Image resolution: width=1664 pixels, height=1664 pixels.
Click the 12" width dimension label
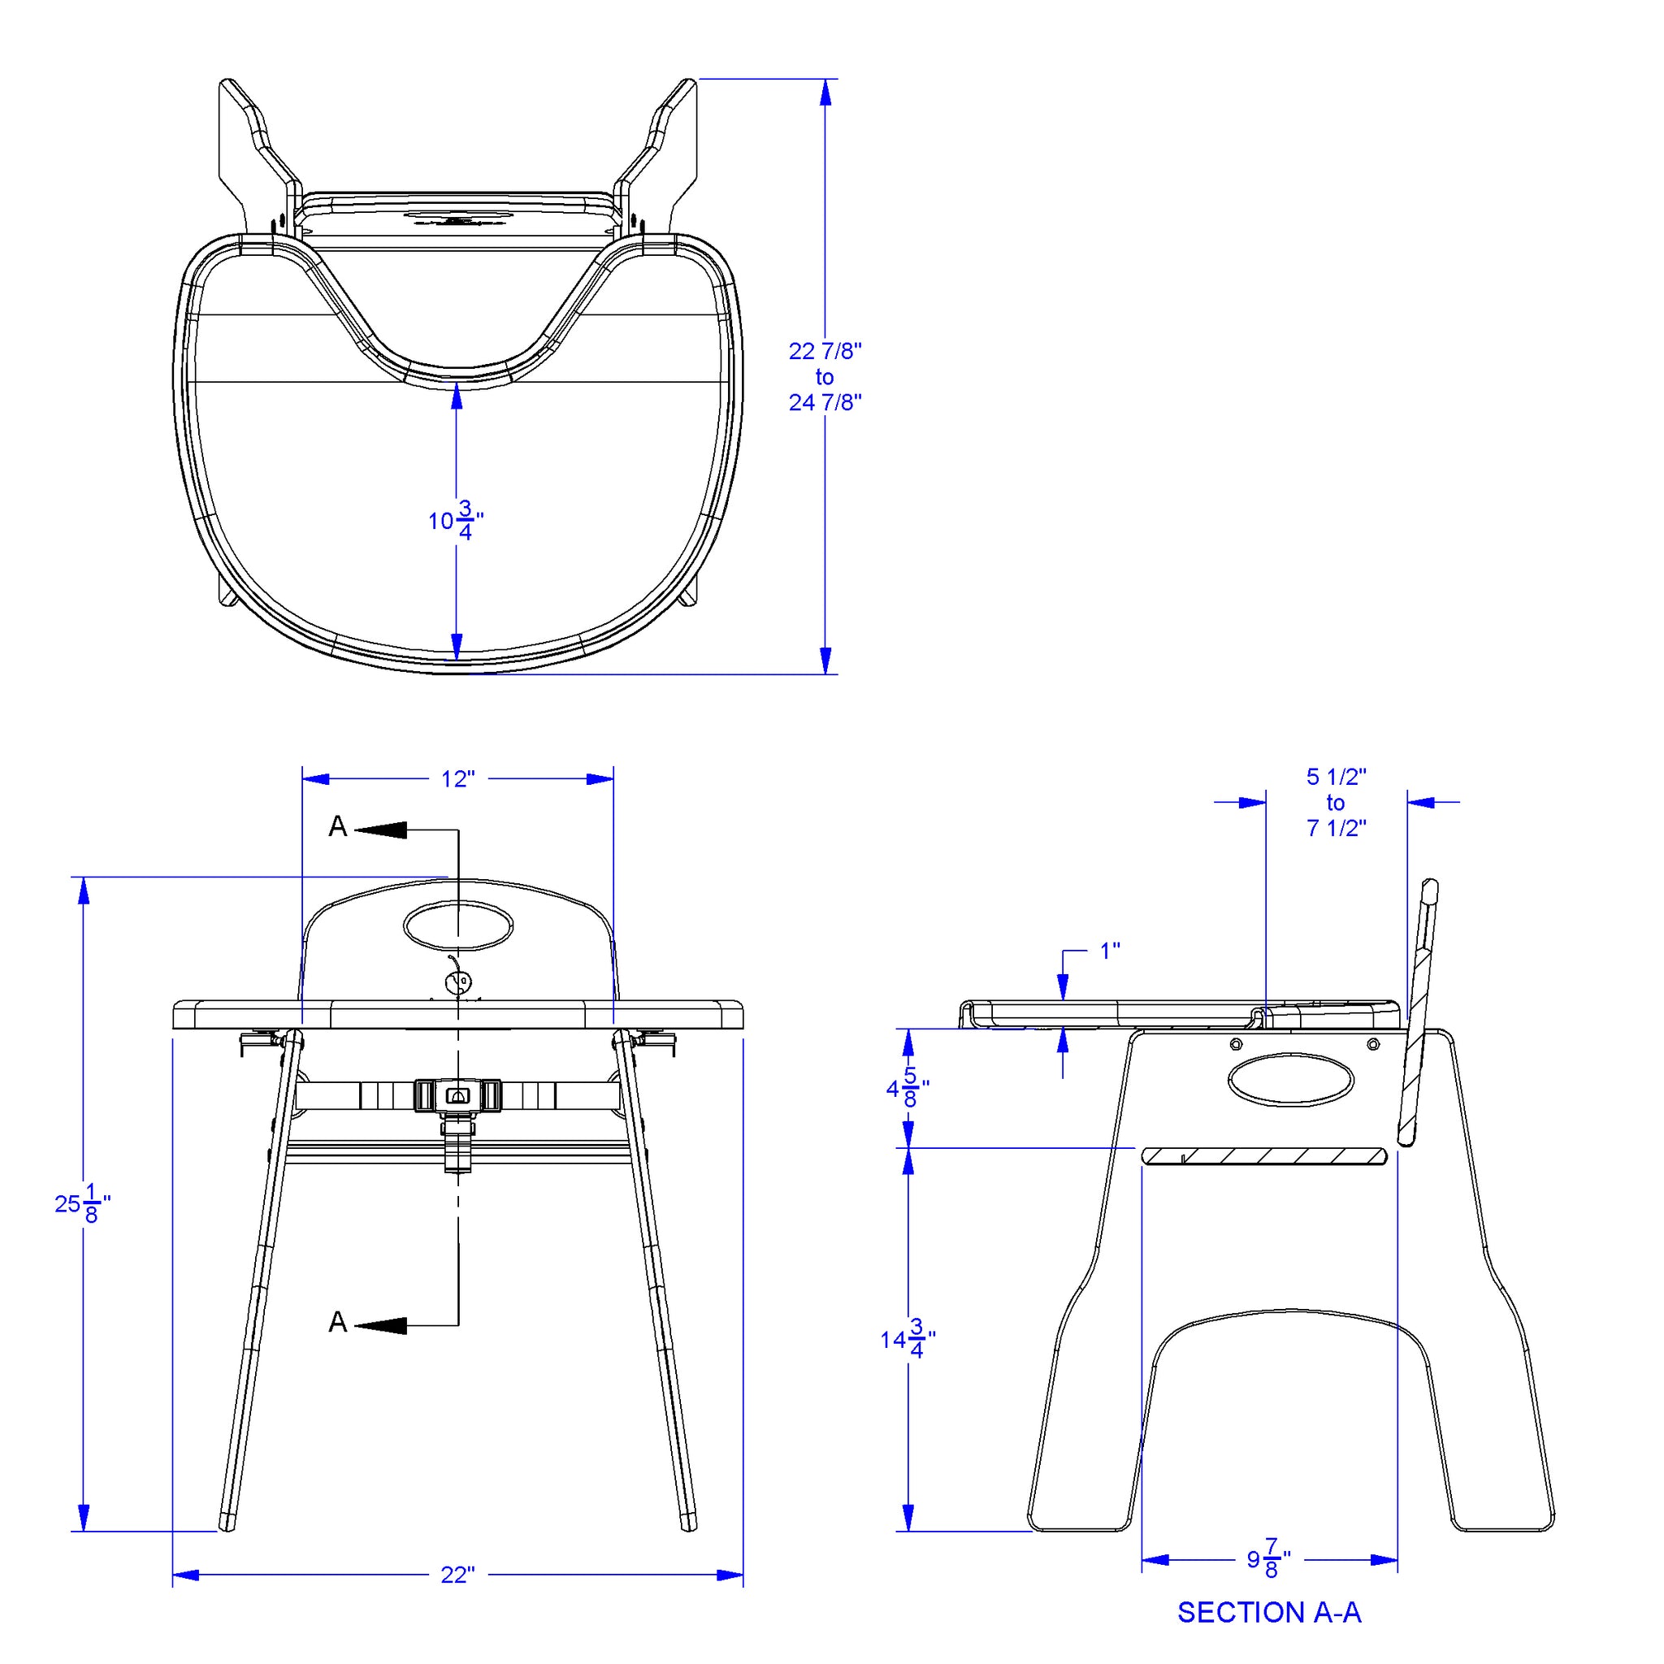457,778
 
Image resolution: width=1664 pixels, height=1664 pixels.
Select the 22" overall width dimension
457,1575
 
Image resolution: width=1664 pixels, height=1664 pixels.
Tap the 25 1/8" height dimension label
83,1203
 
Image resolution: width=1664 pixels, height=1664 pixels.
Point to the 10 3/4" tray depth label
456,519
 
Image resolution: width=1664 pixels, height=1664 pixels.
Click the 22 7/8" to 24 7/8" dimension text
825,376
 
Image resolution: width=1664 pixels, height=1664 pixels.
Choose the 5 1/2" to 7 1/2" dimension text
1336,802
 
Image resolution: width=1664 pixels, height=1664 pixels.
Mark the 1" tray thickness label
1110,950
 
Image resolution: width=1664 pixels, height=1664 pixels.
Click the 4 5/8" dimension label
908,1089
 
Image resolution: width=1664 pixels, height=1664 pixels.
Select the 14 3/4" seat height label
908,1338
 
